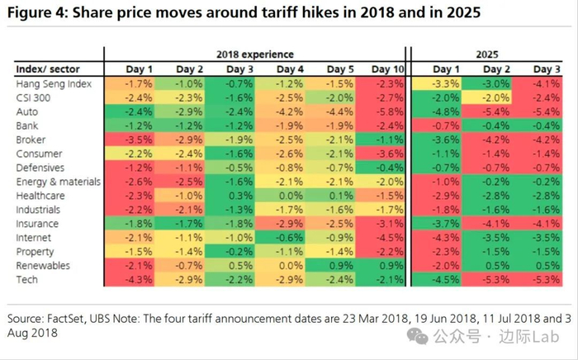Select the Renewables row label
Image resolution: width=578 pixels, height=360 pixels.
[42, 265]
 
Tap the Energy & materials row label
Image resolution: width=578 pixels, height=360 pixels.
[58, 181]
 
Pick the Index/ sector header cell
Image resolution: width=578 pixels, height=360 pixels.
[42, 69]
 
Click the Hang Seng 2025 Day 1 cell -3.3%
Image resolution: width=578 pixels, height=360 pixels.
[446, 83]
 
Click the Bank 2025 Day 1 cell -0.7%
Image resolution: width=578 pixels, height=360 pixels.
[446, 125]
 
